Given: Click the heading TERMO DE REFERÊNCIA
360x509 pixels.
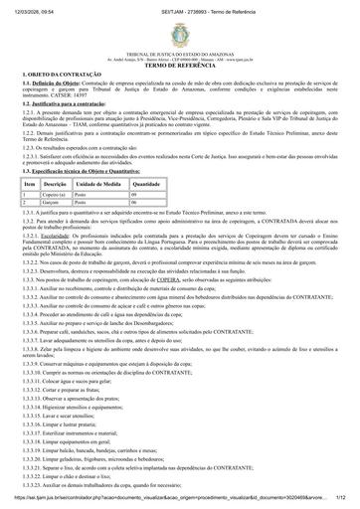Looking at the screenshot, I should click(179, 63).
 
